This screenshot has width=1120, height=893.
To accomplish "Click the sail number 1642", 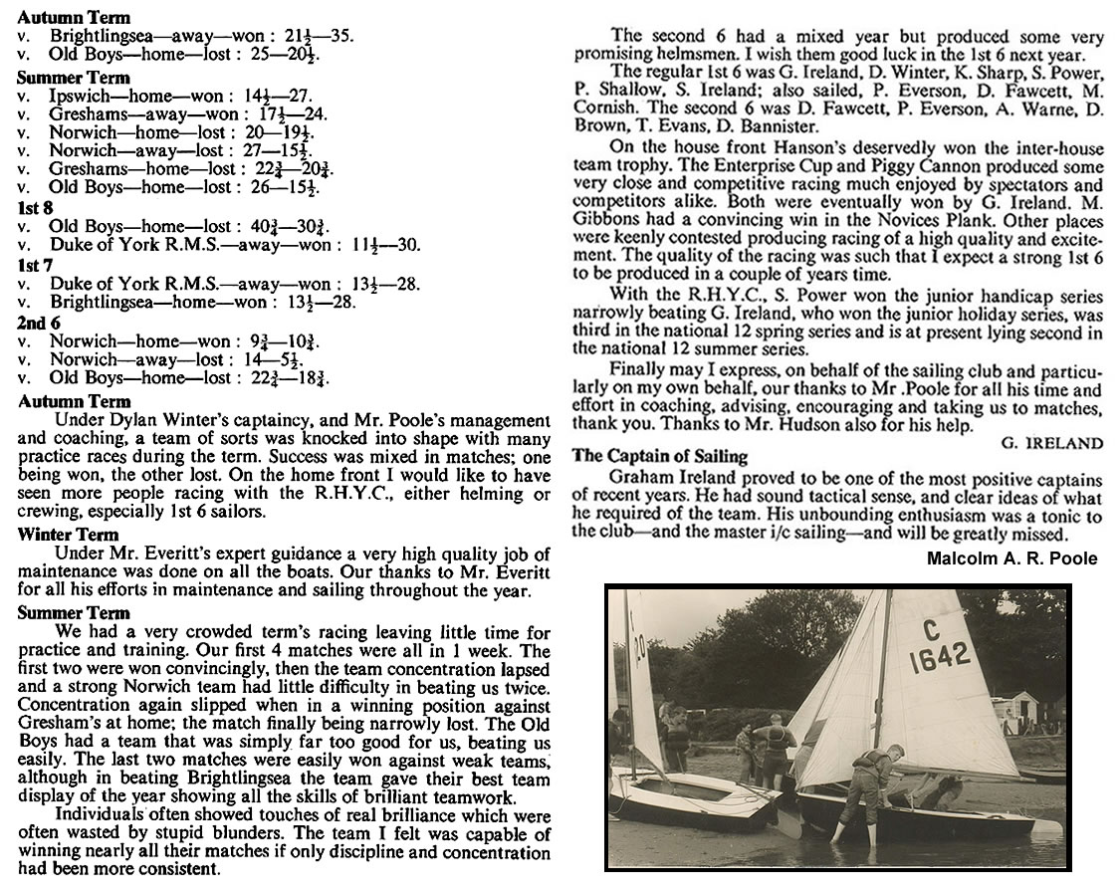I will point(939,655).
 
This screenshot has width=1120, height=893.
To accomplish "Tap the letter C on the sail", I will point(931,629).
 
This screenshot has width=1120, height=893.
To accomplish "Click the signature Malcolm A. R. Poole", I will point(1011,558).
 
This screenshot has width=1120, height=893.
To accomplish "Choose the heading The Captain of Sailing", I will point(659,457).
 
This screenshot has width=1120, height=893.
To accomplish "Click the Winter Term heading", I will point(68,535).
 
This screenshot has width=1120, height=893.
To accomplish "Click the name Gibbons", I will point(603,220).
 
